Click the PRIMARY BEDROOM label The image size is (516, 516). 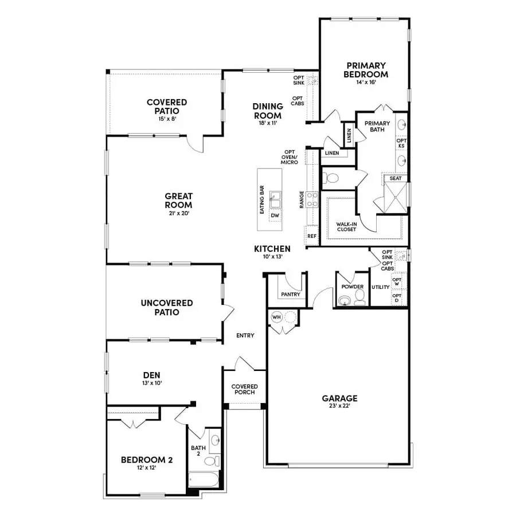(365, 70)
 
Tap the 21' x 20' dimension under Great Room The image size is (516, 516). (178, 213)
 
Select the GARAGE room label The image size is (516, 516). (339, 398)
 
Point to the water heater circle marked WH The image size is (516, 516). (276, 316)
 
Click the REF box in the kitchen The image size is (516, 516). (312, 236)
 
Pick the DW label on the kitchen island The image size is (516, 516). (275, 216)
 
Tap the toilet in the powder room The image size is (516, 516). (359, 295)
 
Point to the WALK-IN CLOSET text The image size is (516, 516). (347, 226)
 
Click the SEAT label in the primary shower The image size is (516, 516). (396, 178)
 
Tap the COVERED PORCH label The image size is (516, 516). (245, 389)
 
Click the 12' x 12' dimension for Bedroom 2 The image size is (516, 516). (147, 468)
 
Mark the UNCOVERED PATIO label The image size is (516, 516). (167, 307)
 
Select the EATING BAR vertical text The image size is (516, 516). (262, 200)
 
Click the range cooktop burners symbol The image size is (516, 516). (312, 200)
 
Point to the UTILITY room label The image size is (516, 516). (381, 287)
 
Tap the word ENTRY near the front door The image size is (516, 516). (245, 335)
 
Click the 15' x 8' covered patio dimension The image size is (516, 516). (167, 119)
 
